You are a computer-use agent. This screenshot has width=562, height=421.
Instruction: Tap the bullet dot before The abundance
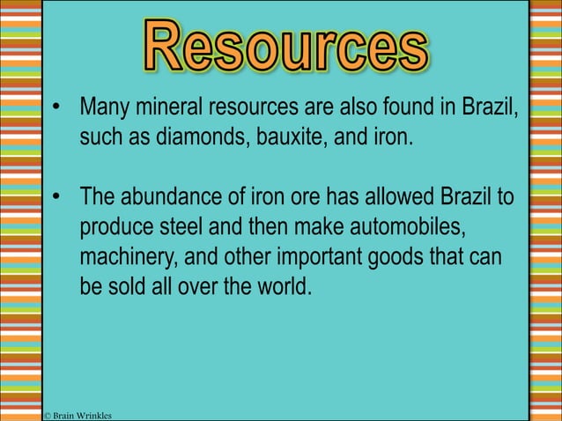[56, 196]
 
